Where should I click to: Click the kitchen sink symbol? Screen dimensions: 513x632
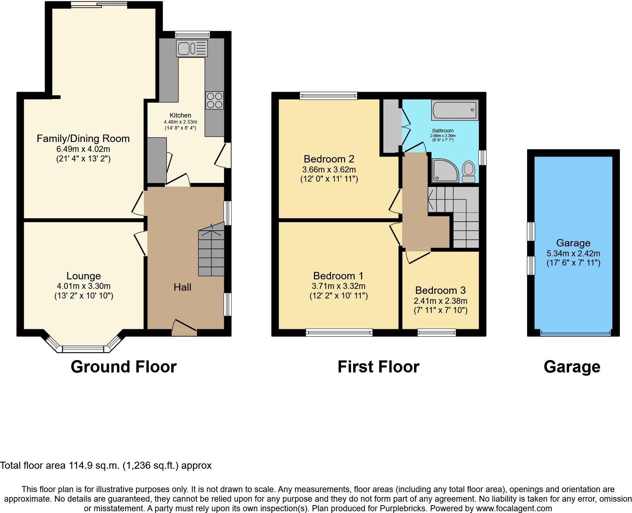[x=192, y=48]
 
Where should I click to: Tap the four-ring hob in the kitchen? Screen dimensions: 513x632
[x=214, y=100]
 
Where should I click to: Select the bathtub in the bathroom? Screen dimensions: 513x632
[x=455, y=110]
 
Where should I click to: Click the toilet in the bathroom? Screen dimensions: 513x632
[x=469, y=171]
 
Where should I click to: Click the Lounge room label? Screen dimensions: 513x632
[x=84, y=276]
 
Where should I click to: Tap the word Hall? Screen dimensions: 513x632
[x=182, y=287]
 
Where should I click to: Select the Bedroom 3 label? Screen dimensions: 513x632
[x=440, y=290]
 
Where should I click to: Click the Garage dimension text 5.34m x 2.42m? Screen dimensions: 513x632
[x=573, y=253]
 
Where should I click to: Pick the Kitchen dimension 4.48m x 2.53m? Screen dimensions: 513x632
[x=180, y=122]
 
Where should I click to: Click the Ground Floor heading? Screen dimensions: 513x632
[x=124, y=367]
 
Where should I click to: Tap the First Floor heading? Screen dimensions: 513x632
[x=378, y=367]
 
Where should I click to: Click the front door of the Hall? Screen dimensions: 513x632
[x=184, y=327]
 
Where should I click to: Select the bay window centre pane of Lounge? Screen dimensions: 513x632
[x=83, y=349]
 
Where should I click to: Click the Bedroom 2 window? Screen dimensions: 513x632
[x=328, y=95]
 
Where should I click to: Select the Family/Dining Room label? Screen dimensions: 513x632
[x=83, y=138]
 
